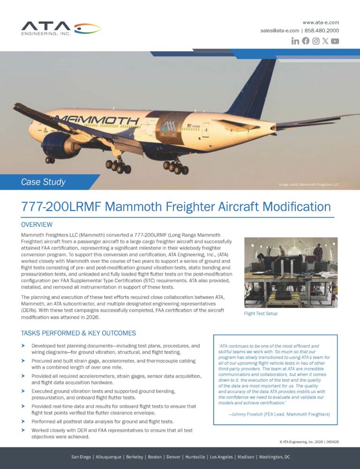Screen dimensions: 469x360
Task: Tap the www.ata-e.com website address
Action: click(321, 22)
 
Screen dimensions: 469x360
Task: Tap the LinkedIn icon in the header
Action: click(295, 41)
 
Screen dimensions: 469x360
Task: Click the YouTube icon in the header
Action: click(335, 41)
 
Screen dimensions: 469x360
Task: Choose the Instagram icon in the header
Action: click(316, 41)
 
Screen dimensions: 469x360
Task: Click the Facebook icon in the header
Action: click(306, 41)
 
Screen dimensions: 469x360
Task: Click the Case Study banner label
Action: click(43, 182)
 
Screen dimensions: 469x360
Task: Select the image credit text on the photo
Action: click(308, 185)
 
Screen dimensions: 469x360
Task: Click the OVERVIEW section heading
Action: click(37, 225)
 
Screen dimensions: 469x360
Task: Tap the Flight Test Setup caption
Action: click(261, 313)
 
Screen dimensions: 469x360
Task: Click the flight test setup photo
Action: click(291, 272)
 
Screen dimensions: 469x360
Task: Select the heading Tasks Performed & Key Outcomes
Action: click(78, 333)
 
